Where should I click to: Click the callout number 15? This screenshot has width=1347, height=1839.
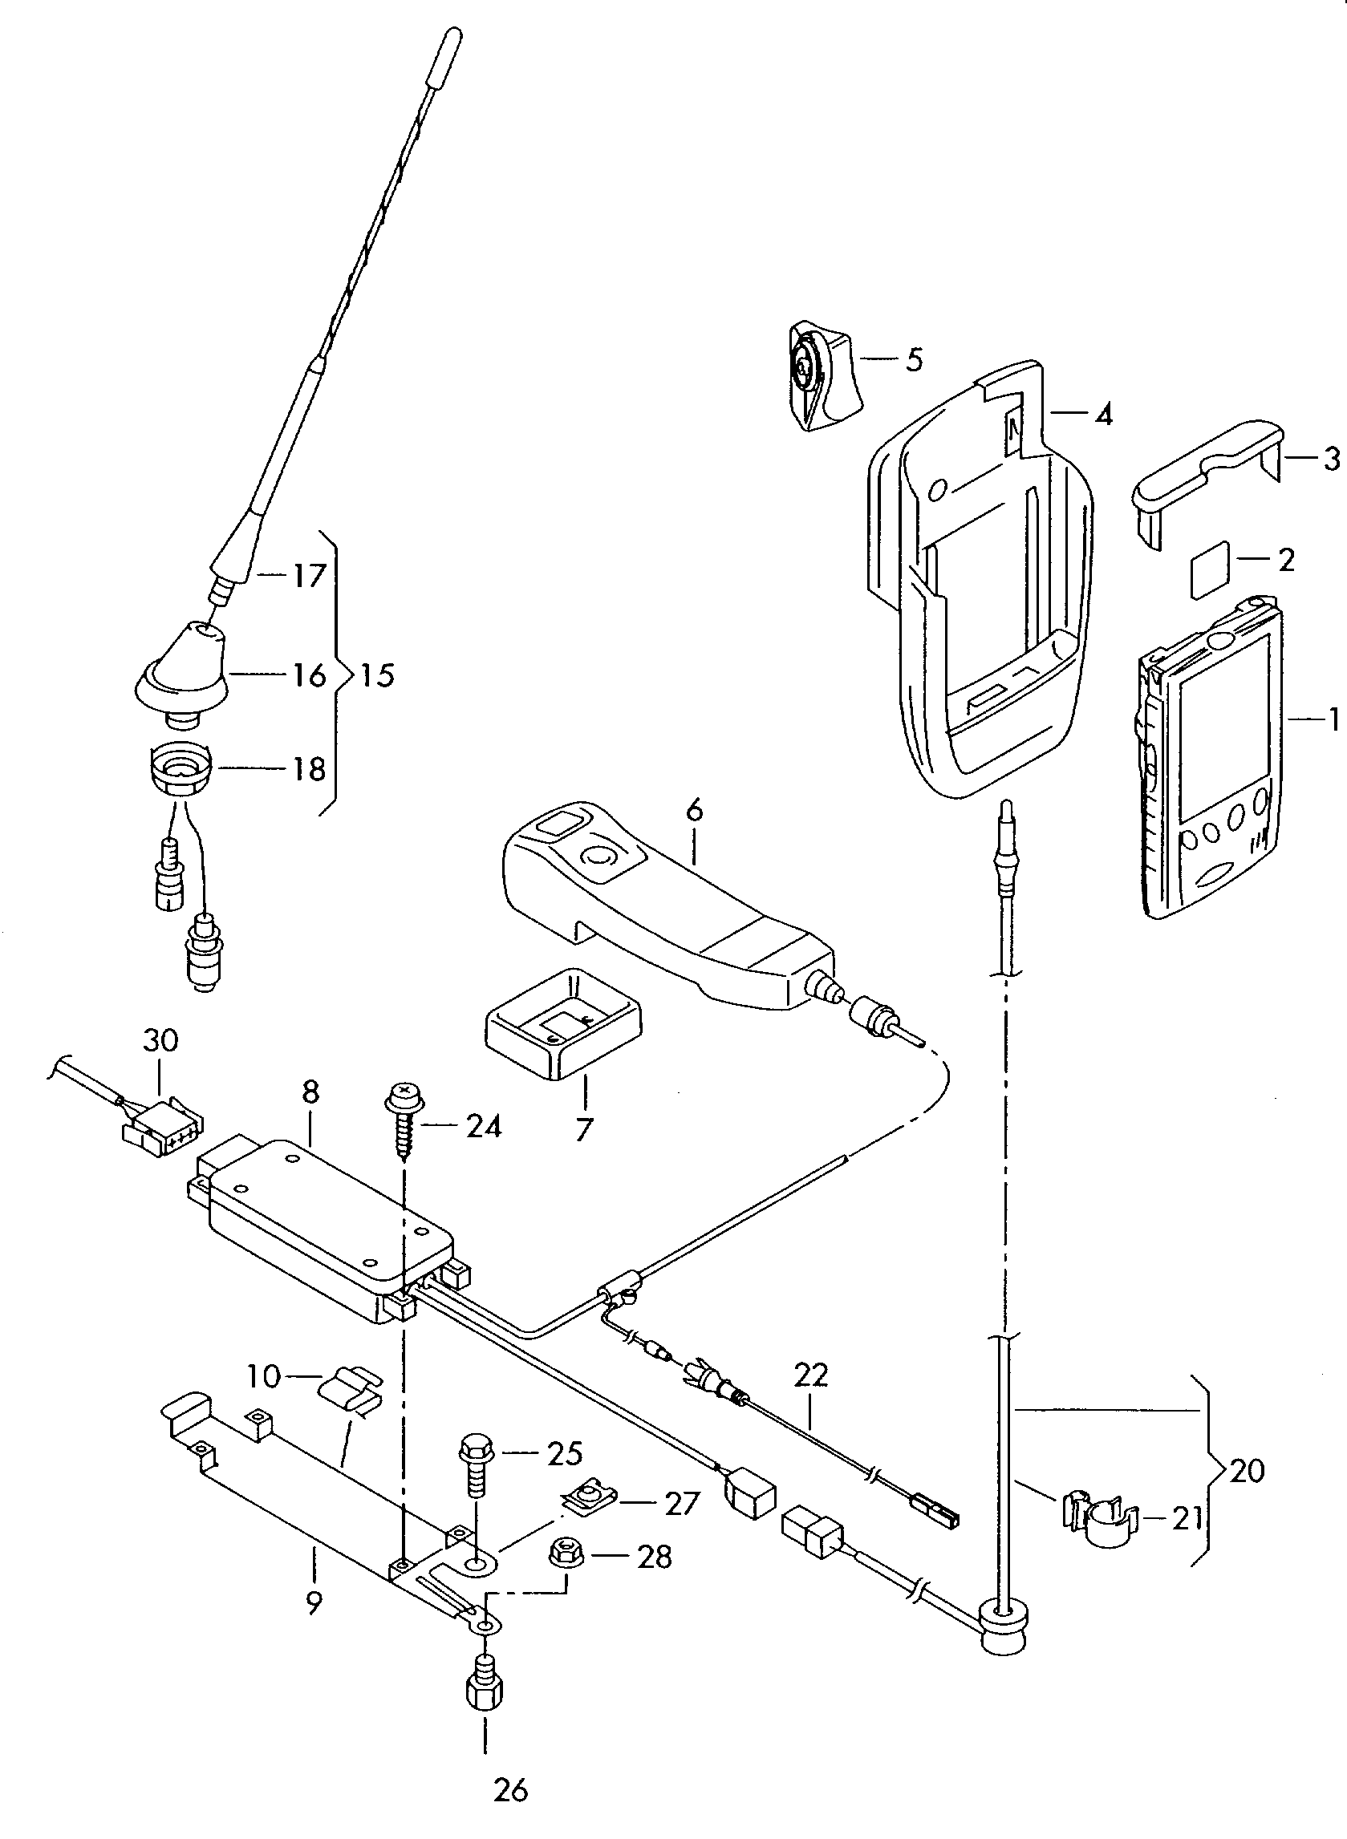(x=377, y=676)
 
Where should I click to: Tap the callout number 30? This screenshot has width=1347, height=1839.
(x=160, y=1041)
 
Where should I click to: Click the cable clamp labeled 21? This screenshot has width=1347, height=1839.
(x=1101, y=1518)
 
